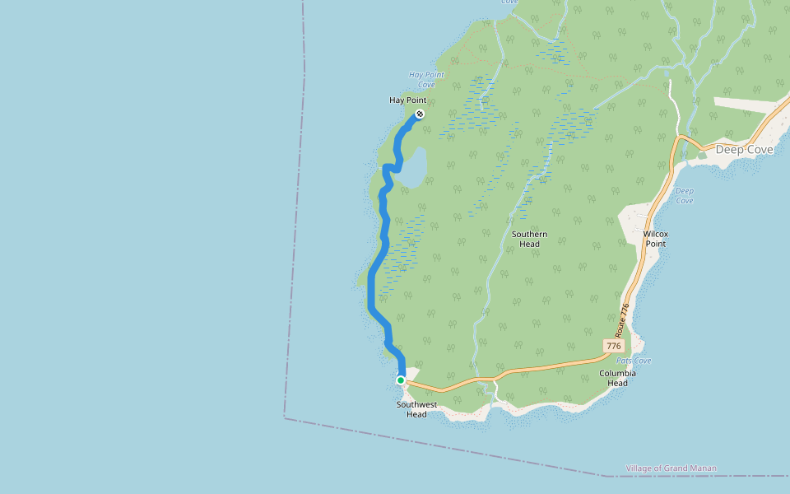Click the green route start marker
401,380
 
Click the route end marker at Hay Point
419,114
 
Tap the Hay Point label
407,100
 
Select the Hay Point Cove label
426,80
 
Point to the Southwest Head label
416,409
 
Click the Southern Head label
529,239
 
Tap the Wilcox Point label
655,239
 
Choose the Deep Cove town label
744,150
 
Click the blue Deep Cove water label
684,196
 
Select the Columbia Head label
617,378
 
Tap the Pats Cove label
633,361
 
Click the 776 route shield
613,347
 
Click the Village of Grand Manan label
671,468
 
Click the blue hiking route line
372,288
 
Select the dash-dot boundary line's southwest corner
285,417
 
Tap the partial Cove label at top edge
509,2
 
